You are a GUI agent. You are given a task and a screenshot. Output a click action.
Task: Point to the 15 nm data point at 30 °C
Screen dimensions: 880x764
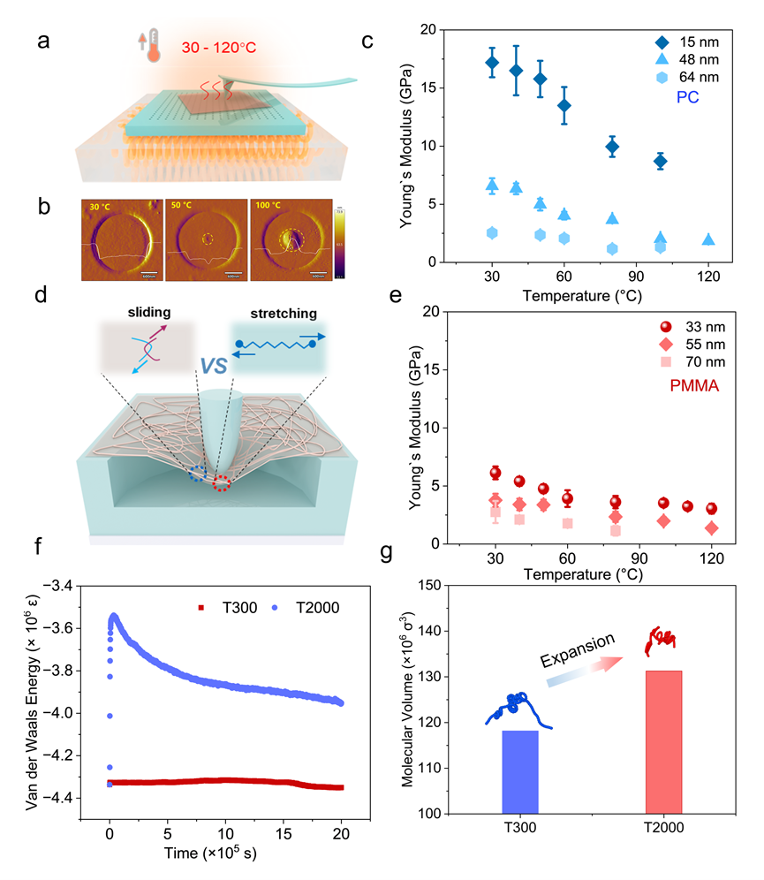[492, 63]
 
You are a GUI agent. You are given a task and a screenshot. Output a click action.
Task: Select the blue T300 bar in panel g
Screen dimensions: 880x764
[520, 771]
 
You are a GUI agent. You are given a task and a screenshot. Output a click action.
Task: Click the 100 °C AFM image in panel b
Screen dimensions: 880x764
[292, 239]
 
